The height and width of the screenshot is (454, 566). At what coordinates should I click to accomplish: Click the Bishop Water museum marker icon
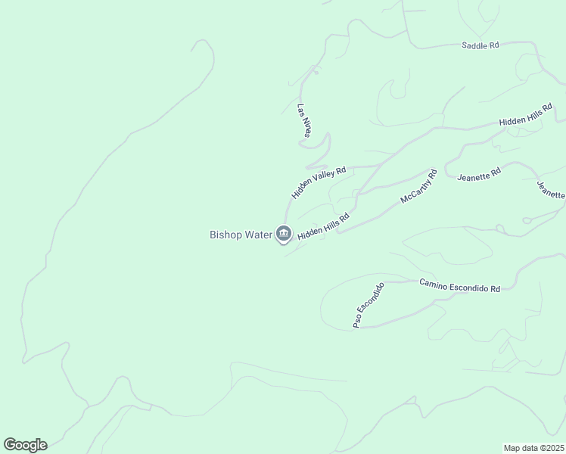click(284, 234)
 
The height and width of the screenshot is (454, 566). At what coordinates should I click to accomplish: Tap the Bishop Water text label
click(240, 235)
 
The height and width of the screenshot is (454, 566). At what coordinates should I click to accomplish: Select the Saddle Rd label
click(480, 45)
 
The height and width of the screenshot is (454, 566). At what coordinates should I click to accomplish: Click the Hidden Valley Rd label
click(319, 182)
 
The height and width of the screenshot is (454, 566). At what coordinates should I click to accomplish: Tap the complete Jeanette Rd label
click(479, 174)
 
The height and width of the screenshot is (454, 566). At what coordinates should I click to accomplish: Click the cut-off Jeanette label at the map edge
click(551, 190)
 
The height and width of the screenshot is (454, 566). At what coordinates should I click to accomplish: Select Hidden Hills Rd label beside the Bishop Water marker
click(323, 226)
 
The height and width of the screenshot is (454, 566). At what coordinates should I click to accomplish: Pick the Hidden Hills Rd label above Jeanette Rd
click(525, 115)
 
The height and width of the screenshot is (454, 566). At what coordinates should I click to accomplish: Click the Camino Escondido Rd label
click(460, 285)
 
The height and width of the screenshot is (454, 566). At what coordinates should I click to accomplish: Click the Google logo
click(25, 445)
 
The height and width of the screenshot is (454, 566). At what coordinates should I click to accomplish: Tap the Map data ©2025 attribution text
click(534, 447)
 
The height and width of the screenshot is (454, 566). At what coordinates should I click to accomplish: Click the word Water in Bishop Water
click(257, 235)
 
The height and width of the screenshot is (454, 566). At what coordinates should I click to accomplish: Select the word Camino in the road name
click(434, 282)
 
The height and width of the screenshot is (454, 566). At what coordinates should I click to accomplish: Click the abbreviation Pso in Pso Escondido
click(358, 321)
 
